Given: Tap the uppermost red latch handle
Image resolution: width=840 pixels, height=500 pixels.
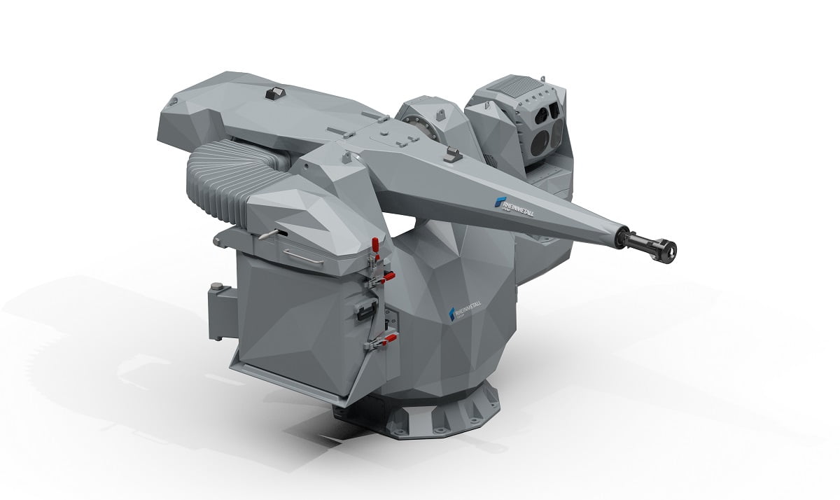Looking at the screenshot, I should [376, 245].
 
